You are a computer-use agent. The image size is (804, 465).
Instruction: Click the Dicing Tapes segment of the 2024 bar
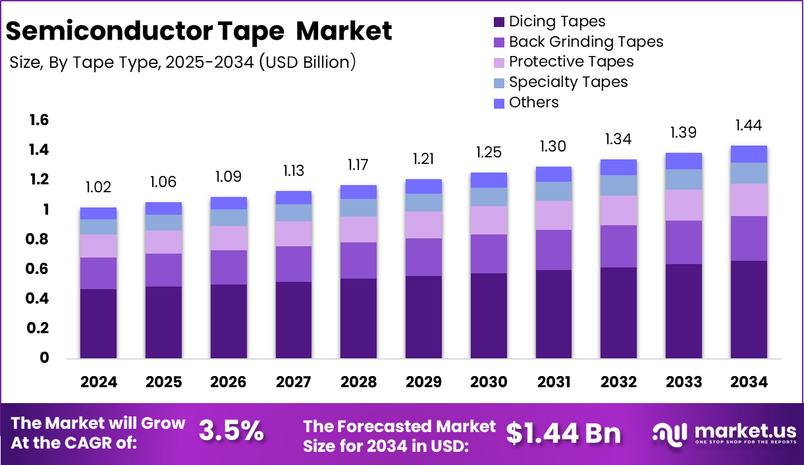tap(98, 323)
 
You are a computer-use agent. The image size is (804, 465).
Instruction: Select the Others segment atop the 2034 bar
tap(749, 154)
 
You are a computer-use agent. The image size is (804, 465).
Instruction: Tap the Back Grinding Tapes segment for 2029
tap(423, 257)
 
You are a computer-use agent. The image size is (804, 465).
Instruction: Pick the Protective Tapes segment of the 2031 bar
tap(553, 215)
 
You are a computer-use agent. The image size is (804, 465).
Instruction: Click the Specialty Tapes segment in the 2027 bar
tap(293, 213)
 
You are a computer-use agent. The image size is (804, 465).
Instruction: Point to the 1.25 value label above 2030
tap(488, 152)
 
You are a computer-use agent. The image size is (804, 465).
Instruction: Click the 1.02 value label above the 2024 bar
tap(98, 188)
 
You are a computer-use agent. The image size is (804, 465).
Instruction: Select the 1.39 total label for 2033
tap(683, 132)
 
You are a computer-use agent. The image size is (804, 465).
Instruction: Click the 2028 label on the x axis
tap(358, 382)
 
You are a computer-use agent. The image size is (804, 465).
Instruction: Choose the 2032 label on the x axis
tap(618, 382)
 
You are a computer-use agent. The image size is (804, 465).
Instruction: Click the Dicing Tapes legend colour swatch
tap(499, 22)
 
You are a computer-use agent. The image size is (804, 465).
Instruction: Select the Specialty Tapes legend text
tap(568, 82)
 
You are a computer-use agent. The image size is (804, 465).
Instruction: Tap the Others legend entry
tap(533, 103)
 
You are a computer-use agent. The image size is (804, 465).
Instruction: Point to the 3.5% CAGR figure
tap(231, 431)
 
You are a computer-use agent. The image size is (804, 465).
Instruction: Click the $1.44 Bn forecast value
tap(564, 433)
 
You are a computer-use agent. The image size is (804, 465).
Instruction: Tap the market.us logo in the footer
tap(724, 433)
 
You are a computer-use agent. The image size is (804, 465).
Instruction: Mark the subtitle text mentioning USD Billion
tap(183, 62)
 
